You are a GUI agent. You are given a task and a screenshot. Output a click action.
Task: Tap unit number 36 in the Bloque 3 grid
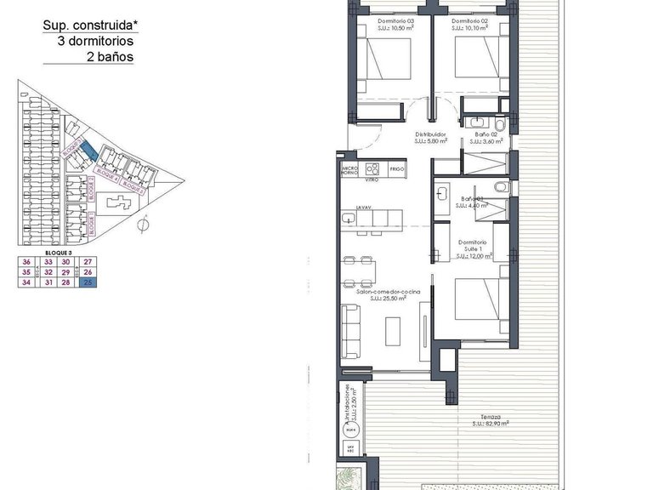(x=26, y=262)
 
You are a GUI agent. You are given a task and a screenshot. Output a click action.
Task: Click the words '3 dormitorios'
(x=95, y=41)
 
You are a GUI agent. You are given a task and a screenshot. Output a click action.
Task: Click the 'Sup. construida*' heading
(x=88, y=26)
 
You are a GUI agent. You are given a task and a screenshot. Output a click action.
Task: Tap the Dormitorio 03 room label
(x=396, y=21)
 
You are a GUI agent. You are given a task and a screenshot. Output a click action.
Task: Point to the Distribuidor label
(x=431, y=134)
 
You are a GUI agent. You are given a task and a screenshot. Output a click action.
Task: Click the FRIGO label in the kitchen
(x=396, y=169)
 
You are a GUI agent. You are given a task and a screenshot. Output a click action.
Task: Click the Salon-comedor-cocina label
(x=381, y=292)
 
